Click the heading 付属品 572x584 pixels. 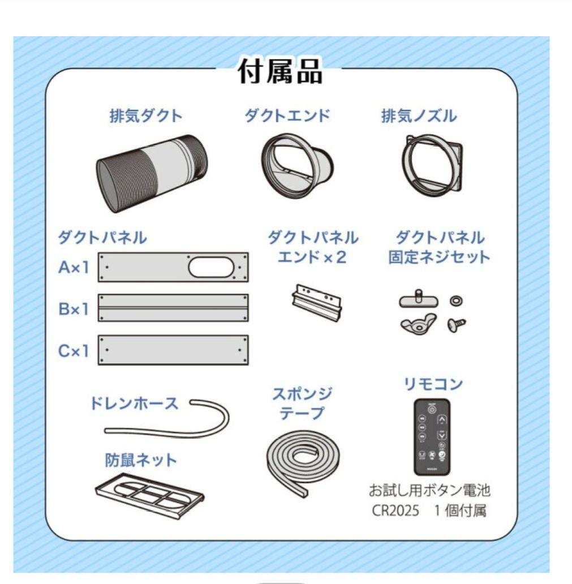point(280,73)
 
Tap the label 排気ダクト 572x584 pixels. point(146,116)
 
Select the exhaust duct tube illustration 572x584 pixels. point(151,173)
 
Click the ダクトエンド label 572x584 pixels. point(287,116)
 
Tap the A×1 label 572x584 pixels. point(74,267)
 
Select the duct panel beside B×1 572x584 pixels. point(173,308)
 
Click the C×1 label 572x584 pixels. point(74,351)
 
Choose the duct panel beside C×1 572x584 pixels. point(173,350)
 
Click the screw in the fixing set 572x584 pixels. point(455,325)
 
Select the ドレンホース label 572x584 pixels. point(134,403)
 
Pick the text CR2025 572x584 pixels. point(395,510)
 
